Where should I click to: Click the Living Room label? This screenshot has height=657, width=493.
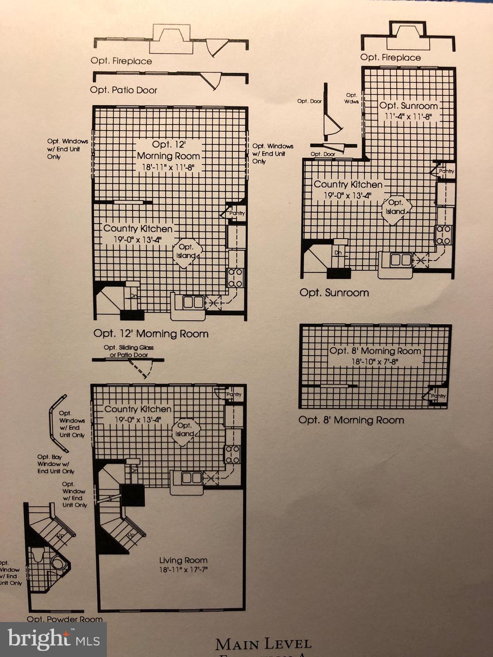(183, 560)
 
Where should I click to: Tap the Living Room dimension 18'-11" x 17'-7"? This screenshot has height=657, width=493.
(183, 569)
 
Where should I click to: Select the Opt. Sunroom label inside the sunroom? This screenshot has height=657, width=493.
(408, 106)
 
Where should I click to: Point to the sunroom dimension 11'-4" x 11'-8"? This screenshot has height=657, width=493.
(409, 116)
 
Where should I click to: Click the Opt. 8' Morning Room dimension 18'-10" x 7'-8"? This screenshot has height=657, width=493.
(375, 361)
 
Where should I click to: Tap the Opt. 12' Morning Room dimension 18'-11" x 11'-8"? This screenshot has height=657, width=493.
(168, 167)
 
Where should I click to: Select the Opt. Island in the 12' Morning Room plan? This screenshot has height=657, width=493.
(186, 252)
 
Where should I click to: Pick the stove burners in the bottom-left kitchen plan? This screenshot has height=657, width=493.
(233, 454)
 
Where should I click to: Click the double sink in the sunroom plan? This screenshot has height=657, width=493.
(401, 260)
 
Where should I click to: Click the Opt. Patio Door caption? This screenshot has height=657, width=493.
(123, 90)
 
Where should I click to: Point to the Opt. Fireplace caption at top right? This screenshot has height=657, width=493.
(390, 57)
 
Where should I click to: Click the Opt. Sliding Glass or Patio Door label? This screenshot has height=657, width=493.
(128, 351)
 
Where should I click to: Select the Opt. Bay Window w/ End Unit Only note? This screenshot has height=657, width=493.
(56, 464)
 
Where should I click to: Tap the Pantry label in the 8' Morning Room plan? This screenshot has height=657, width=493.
(438, 396)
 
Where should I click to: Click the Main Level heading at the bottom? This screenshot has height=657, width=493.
(263, 643)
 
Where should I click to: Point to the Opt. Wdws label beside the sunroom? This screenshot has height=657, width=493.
(351, 98)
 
